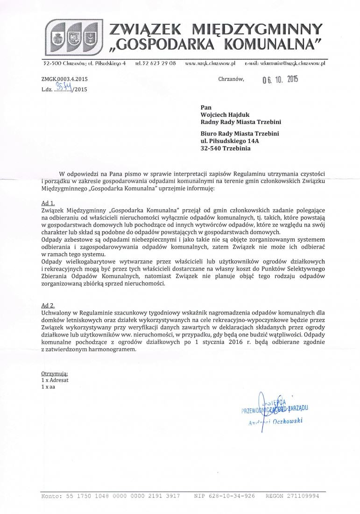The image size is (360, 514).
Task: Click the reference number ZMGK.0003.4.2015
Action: pyautogui.click(x=64, y=79)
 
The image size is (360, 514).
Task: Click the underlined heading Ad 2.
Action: pyautogui.click(x=48, y=305)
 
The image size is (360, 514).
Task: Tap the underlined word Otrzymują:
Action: pyautogui.click(x=55, y=374)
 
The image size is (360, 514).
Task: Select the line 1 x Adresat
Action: pyautogui.click(x=55, y=380)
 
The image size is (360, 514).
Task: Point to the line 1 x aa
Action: pyautogui.click(x=49, y=387)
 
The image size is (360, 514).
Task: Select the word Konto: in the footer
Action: pyautogui.click(x=51, y=496)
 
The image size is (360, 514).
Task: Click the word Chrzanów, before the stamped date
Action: pyautogui.click(x=231, y=79)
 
